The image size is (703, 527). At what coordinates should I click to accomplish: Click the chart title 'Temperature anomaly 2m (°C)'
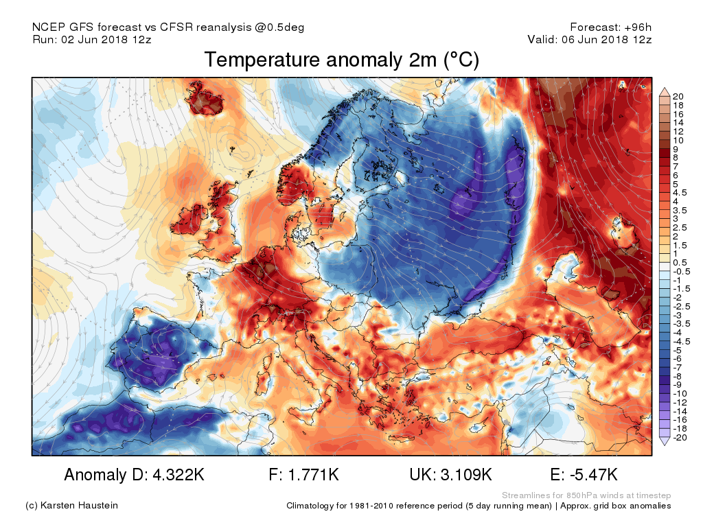point(341,60)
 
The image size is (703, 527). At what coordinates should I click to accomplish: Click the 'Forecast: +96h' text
point(610,27)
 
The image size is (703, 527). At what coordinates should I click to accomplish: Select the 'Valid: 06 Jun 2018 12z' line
point(589,40)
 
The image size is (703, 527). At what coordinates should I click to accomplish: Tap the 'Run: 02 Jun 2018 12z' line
point(92,40)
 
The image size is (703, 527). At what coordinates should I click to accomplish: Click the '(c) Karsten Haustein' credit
point(71,506)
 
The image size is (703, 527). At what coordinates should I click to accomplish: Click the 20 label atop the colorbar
point(677,95)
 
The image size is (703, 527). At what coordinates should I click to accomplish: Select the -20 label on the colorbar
point(679,438)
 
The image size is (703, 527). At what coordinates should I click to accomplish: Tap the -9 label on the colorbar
point(677,385)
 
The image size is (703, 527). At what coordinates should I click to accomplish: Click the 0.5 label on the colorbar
point(679,262)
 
